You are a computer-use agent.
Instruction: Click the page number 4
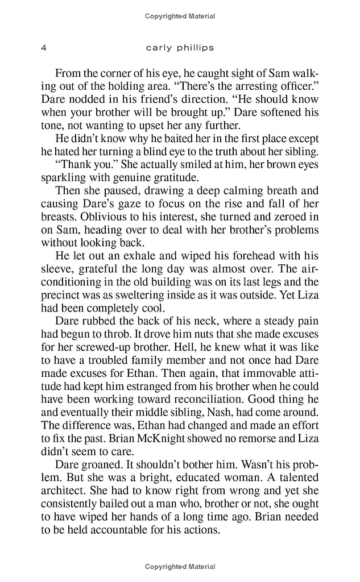coord(44,48)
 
